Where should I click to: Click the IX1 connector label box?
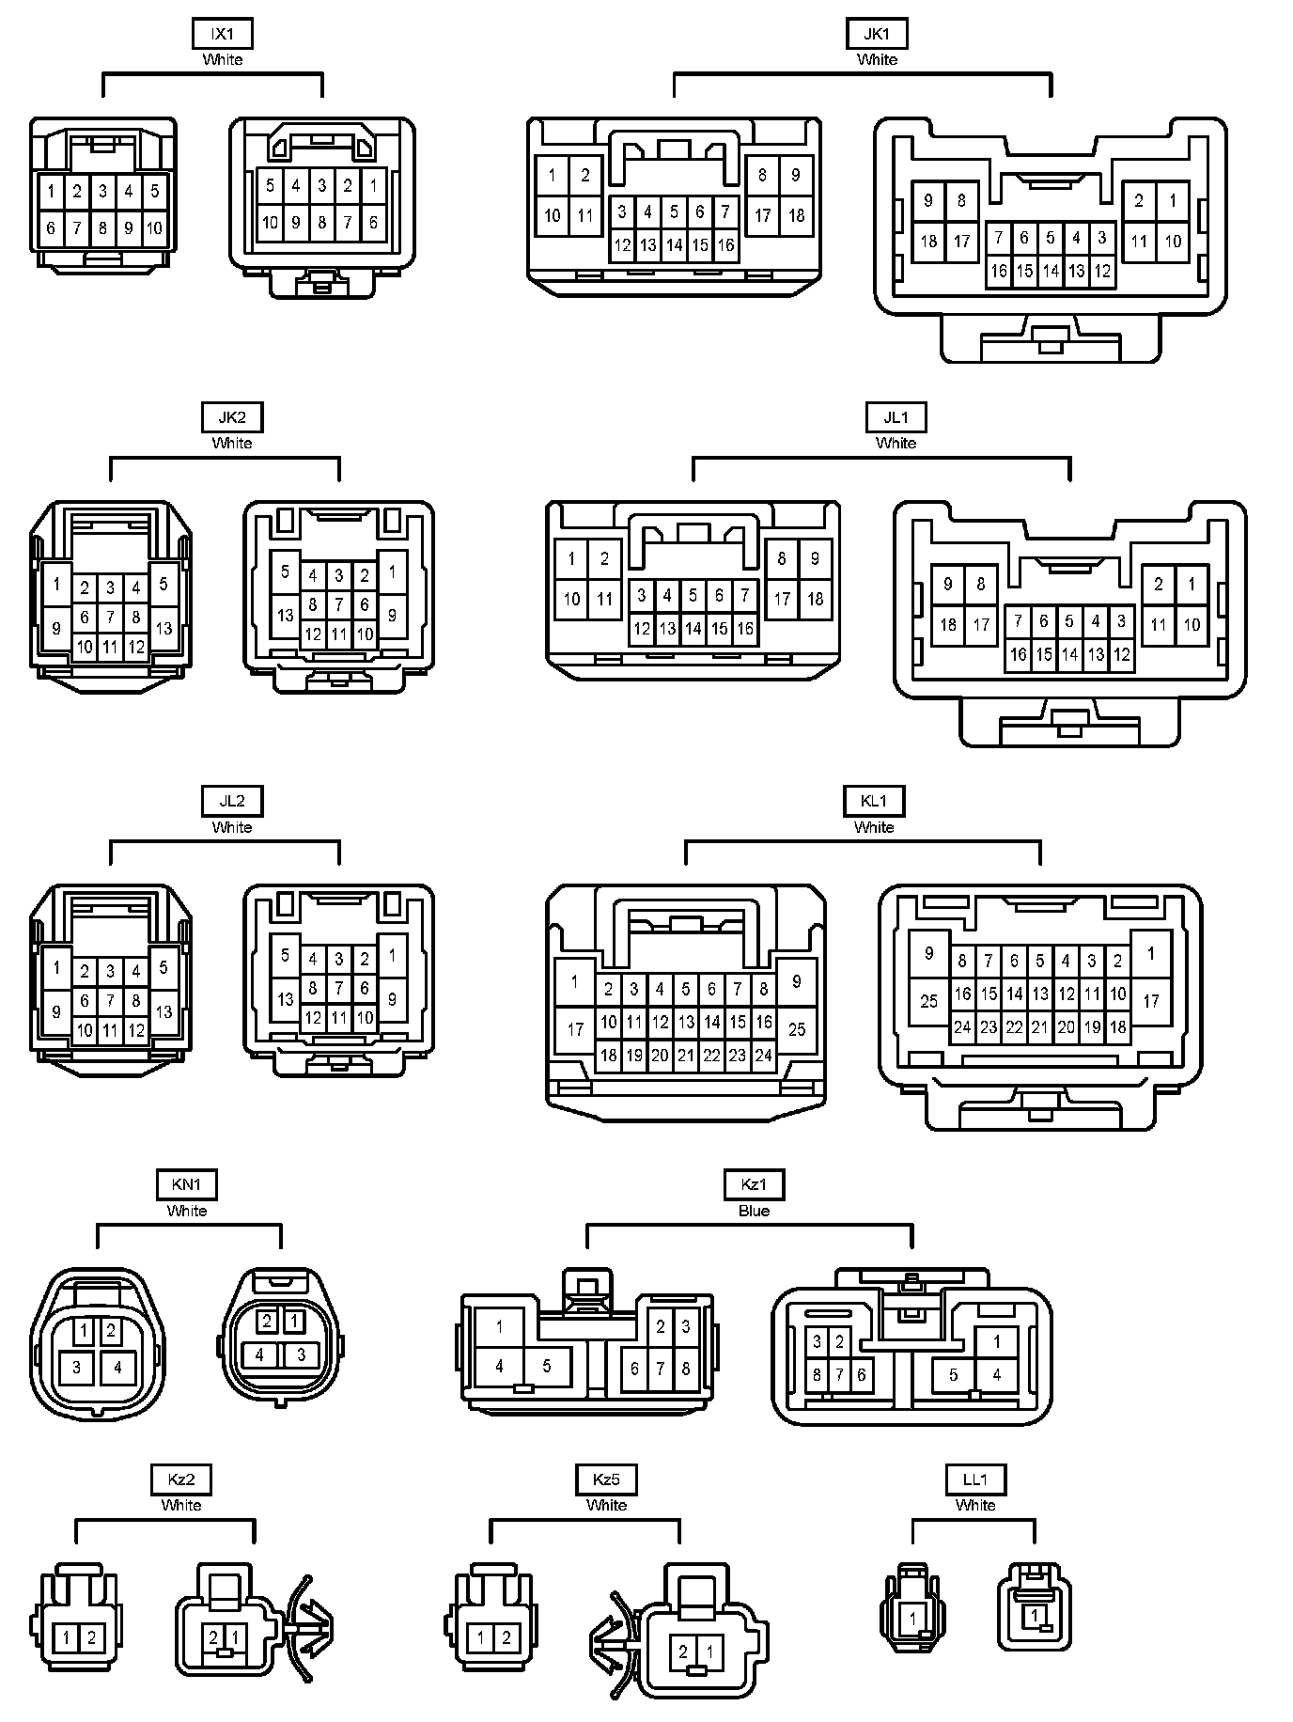click(x=222, y=35)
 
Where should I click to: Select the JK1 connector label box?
click(x=876, y=35)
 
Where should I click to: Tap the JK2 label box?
click(x=232, y=418)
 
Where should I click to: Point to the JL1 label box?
click(x=896, y=418)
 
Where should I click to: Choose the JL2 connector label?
click(x=232, y=802)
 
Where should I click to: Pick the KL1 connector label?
click(x=873, y=802)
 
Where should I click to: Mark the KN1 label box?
click(x=187, y=1185)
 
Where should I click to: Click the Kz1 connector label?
click(x=754, y=1185)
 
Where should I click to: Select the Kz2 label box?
click(x=181, y=1479)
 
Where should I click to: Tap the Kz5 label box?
click(x=606, y=1479)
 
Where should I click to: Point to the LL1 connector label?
click(x=975, y=1479)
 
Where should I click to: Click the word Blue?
click(x=754, y=1211)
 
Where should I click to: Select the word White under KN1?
click(x=187, y=1211)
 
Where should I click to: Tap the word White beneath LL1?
click(x=975, y=1505)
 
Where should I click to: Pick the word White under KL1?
click(x=873, y=827)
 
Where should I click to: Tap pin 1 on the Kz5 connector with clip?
click(x=709, y=1652)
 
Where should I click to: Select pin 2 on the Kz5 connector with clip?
click(x=683, y=1652)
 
